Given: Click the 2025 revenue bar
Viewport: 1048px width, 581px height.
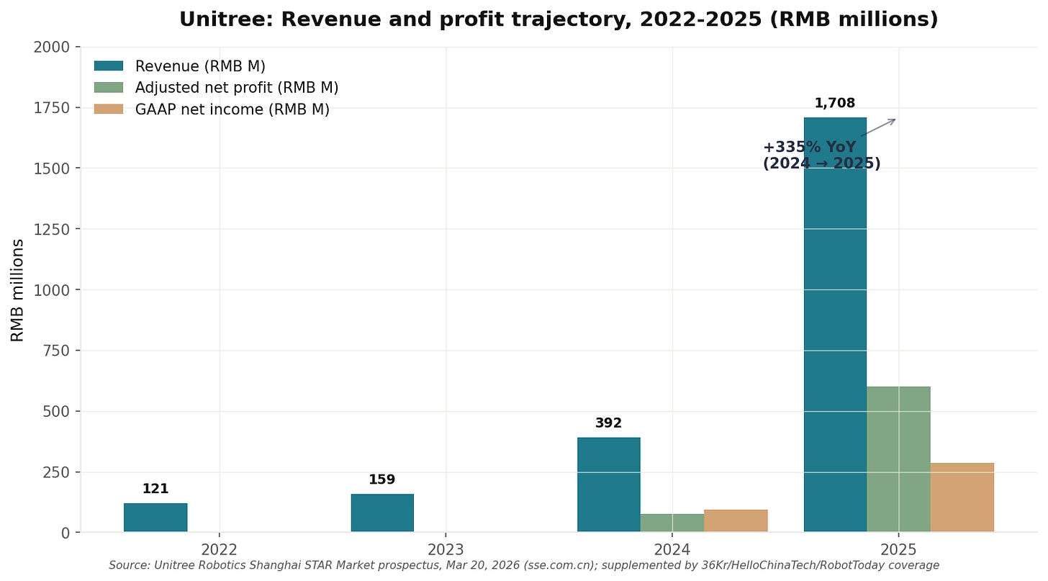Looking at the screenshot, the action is pos(835,325).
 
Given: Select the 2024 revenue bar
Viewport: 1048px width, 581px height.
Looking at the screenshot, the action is pos(609,485).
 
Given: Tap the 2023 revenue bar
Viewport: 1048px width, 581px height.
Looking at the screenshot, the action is pos(382,513).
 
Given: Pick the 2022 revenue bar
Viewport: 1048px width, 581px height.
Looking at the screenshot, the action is pos(155,518).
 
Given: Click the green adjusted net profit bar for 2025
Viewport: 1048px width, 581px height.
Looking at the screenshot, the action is pos(898,459).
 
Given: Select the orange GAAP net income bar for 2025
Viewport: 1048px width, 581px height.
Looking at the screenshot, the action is pos(962,497).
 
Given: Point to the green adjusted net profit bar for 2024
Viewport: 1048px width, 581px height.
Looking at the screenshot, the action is pos(672,523).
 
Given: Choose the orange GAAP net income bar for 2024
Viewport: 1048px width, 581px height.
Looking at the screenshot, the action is pos(736,521).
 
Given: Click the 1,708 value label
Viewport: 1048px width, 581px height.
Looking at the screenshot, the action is pos(835,103).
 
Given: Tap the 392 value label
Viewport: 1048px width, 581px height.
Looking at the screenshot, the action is pos(608,423).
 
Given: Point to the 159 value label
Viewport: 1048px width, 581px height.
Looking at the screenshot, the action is pos(381,479).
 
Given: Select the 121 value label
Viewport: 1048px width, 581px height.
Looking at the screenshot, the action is pos(155,489).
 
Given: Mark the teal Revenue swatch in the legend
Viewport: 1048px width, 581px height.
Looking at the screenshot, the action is pos(109,66).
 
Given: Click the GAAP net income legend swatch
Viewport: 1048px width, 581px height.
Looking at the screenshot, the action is pos(109,109).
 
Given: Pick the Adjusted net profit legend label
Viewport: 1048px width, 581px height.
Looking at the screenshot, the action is pos(237,88).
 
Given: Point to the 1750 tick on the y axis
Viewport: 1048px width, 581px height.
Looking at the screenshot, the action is pos(52,108).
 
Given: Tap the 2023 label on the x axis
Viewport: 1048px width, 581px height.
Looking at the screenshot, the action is pos(446,549).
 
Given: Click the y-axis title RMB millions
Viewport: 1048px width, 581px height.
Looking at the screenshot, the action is pos(17,291).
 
